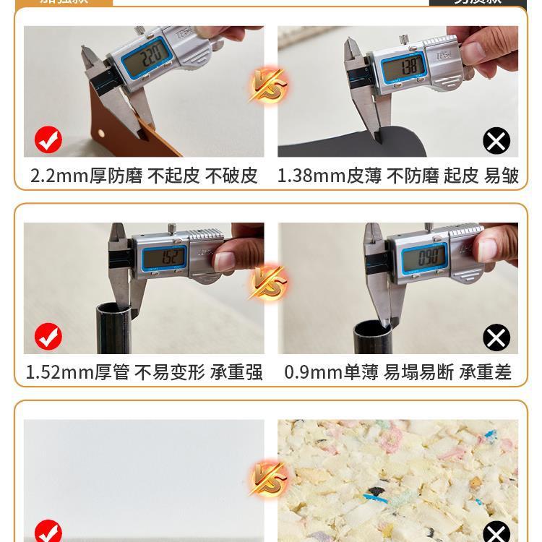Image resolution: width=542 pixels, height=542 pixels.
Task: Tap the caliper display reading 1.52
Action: point(163,257)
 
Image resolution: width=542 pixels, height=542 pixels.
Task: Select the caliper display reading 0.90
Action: point(424,256)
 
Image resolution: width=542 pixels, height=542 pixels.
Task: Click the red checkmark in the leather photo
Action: point(48,140)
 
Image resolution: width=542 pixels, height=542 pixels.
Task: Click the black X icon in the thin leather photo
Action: point(496,141)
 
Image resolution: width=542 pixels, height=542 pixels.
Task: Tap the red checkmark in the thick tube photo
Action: point(48,337)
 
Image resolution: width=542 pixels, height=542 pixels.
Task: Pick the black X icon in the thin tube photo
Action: point(496,337)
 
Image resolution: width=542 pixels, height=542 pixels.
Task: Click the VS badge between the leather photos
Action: point(269,85)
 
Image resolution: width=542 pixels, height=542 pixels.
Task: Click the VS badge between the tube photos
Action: point(269,283)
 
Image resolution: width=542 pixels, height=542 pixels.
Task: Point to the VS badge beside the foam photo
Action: point(269,478)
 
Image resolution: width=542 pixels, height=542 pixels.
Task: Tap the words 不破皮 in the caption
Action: point(231,176)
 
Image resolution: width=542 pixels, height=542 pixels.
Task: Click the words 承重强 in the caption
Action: point(236,372)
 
